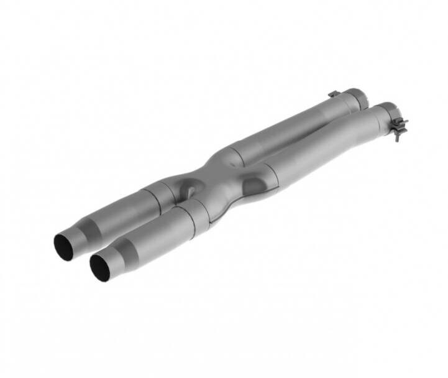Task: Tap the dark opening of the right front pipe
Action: point(100,267)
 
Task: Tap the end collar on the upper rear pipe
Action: point(355,97)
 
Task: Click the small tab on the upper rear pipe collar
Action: point(334,94)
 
